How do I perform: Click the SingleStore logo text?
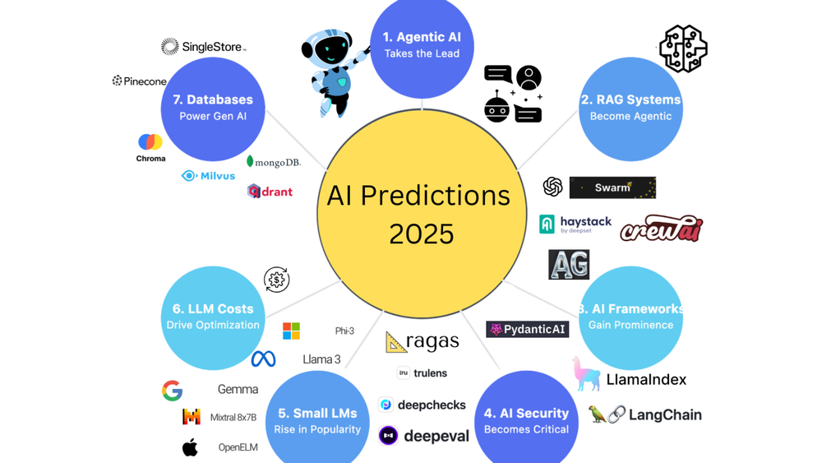[x=212, y=47]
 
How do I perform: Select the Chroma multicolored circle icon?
[x=150, y=141]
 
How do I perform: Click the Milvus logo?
[x=208, y=176]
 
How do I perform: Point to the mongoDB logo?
[x=273, y=162]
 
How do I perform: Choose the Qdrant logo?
[x=270, y=192]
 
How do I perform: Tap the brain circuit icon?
[x=683, y=49]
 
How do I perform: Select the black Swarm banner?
[x=612, y=188]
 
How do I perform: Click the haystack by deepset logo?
[x=575, y=225]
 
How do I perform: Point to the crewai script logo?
[x=662, y=228]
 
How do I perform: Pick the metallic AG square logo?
[x=569, y=264]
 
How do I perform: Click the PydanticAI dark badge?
[x=528, y=329]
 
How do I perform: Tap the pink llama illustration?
[x=587, y=373]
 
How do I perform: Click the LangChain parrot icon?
[x=597, y=414]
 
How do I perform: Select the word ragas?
[x=432, y=340]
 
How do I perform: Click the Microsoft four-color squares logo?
[x=291, y=331]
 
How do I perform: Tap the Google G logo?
[x=172, y=391]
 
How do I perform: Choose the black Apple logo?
[x=190, y=447]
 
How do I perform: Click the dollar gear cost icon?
[x=276, y=280]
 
